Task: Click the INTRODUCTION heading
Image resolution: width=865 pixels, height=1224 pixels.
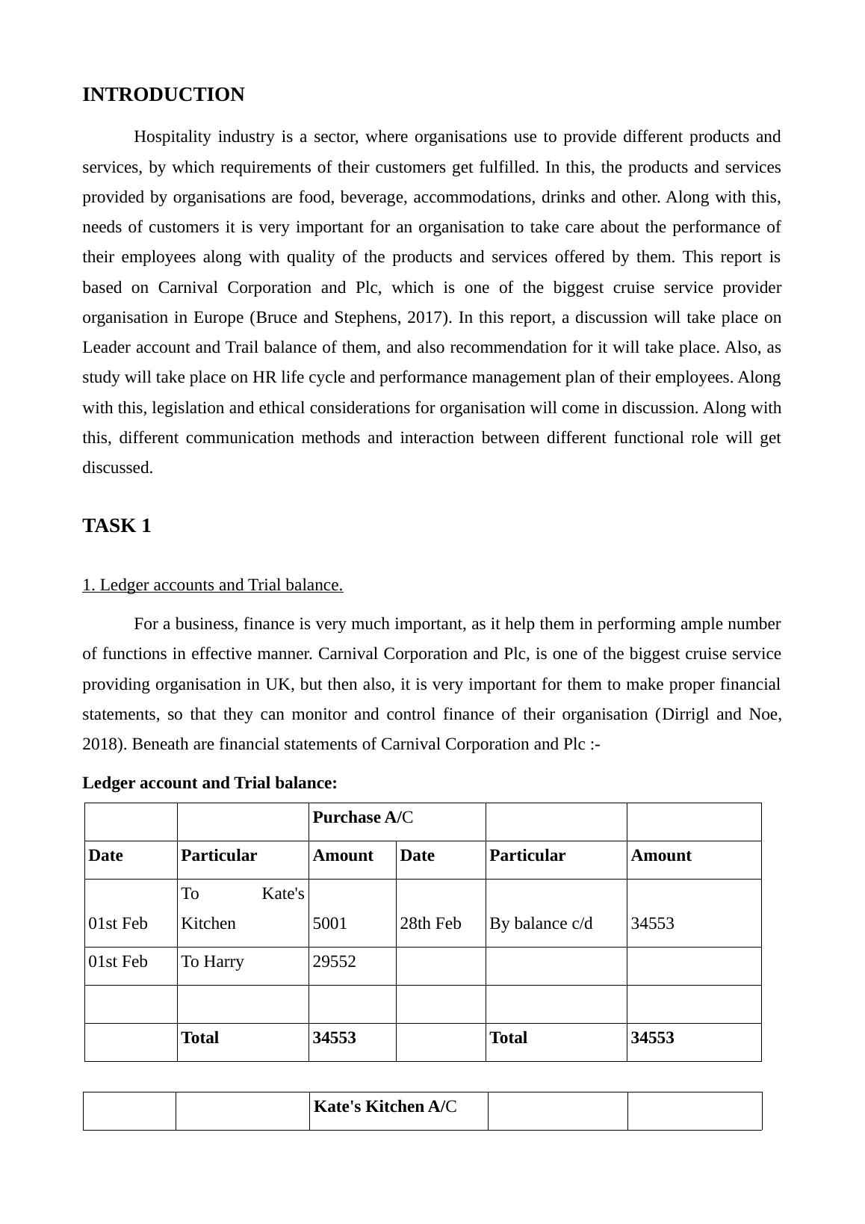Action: (163, 95)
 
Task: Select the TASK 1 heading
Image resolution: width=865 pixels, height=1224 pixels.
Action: (117, 526)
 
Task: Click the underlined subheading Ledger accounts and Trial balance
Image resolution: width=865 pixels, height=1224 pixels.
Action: (212, 585)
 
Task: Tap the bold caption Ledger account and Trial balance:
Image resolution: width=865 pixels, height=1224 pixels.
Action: (210, 783)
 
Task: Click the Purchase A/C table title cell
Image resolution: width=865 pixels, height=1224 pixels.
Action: (363, 817)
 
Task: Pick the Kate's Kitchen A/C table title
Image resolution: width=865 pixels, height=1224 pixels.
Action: (385, 1107)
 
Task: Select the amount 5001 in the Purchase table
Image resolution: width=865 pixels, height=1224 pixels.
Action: (329, 924)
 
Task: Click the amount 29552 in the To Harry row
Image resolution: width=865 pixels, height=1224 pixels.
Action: (334, 962)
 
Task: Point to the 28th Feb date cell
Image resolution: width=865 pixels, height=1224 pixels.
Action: (430, 924)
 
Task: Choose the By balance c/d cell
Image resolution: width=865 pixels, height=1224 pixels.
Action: (541, 924)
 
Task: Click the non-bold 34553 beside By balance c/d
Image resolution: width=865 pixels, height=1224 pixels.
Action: (652, 924)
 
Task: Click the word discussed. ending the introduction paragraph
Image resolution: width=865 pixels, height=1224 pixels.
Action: (117, 468)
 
